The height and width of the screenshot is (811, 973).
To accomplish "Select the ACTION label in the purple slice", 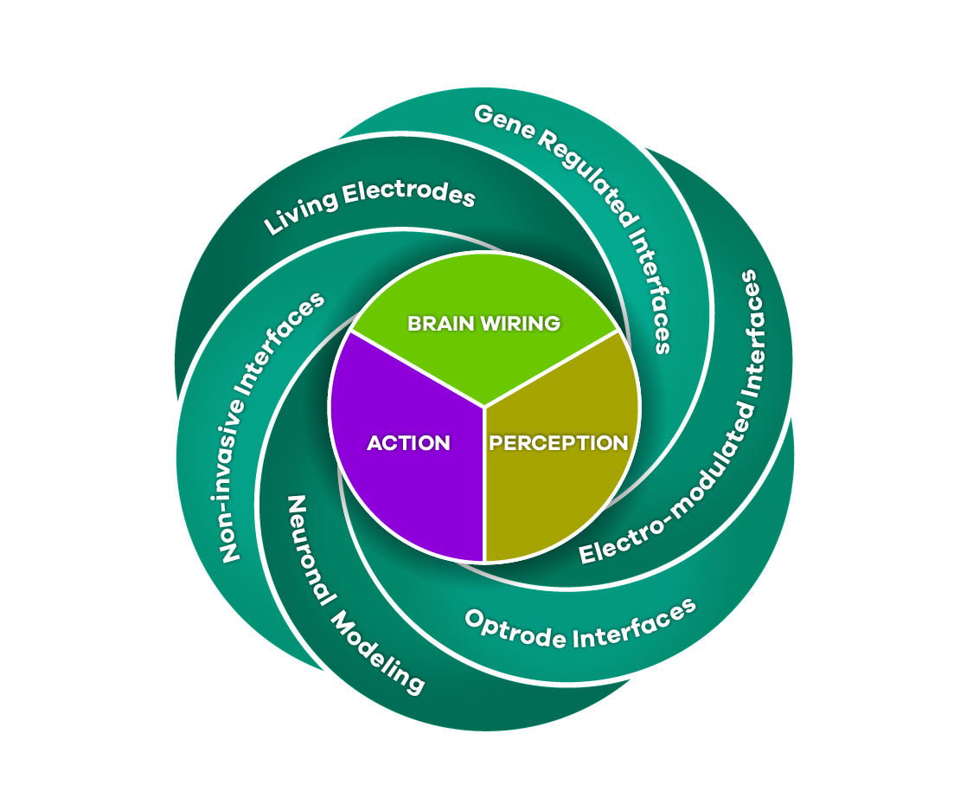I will pyautogui.click(x=408, y=443).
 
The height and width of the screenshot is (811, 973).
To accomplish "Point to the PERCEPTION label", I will pyautogui.click(x=559, y=443).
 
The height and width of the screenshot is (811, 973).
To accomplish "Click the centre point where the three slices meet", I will pyautogui.click(x=484, y=406).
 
